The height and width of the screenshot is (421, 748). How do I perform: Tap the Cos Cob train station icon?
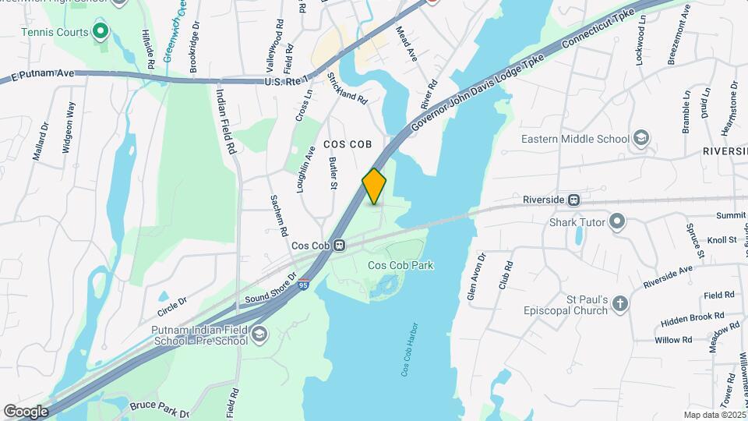(340, 245)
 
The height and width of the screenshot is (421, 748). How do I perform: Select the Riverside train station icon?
(574, 200)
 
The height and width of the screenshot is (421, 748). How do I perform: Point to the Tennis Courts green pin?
(100, 31)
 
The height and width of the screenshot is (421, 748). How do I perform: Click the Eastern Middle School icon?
(640, 139)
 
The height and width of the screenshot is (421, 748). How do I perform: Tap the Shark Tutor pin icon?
(617, 222)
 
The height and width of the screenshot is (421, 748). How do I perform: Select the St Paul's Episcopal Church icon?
(620, 303)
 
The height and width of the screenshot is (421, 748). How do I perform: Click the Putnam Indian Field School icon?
(259, 335)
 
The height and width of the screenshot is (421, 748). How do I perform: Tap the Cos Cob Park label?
(400, 265)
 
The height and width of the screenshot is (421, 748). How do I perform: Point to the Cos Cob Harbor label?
(411, 349)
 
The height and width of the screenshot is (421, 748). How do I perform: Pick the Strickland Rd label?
(347, 88)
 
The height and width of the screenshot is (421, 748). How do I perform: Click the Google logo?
(26, 412)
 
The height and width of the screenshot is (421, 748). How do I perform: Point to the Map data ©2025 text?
(713, 415)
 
